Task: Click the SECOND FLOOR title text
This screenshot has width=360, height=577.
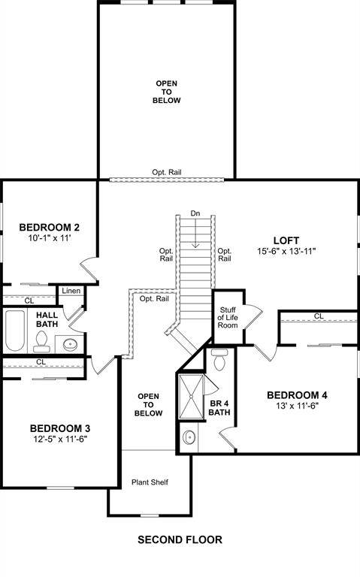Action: coord(180,539)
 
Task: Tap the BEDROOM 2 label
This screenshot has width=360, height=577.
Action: coord(50,228)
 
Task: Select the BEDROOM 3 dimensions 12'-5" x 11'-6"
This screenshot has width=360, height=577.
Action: coord(61,440)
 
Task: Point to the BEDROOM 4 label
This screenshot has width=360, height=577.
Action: coord(297,395)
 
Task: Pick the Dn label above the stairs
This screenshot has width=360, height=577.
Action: coord(195,213)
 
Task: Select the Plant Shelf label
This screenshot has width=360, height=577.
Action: coord(148,482)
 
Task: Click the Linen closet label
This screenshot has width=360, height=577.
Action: coord(71,291)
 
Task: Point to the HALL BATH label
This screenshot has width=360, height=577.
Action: coord(47,320)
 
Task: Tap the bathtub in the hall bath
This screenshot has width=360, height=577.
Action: coord(15,333)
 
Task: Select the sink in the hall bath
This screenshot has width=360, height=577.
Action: coord(70,344)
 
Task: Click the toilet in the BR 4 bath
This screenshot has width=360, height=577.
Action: coord(219,361)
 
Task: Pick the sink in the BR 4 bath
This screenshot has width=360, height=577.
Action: coord(188,437)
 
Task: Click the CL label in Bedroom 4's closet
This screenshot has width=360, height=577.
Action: coord(319,316)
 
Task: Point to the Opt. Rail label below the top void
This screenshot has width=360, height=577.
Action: coord(166,172)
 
